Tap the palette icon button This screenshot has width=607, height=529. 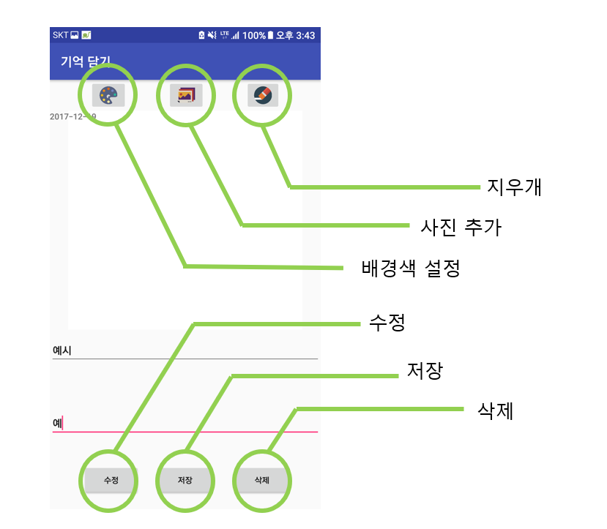pos(108,95)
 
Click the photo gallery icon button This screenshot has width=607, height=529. pos(185,95)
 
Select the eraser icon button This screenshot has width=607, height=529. pos(262,95)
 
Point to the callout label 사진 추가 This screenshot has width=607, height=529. pos(461,227)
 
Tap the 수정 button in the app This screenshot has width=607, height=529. pos(111,481)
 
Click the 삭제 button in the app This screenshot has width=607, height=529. pos(261,481)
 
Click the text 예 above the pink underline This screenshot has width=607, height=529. pos(57,422)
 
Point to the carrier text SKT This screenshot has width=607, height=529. pos(60,35)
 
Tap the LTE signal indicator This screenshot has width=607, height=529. pos(225,34)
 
